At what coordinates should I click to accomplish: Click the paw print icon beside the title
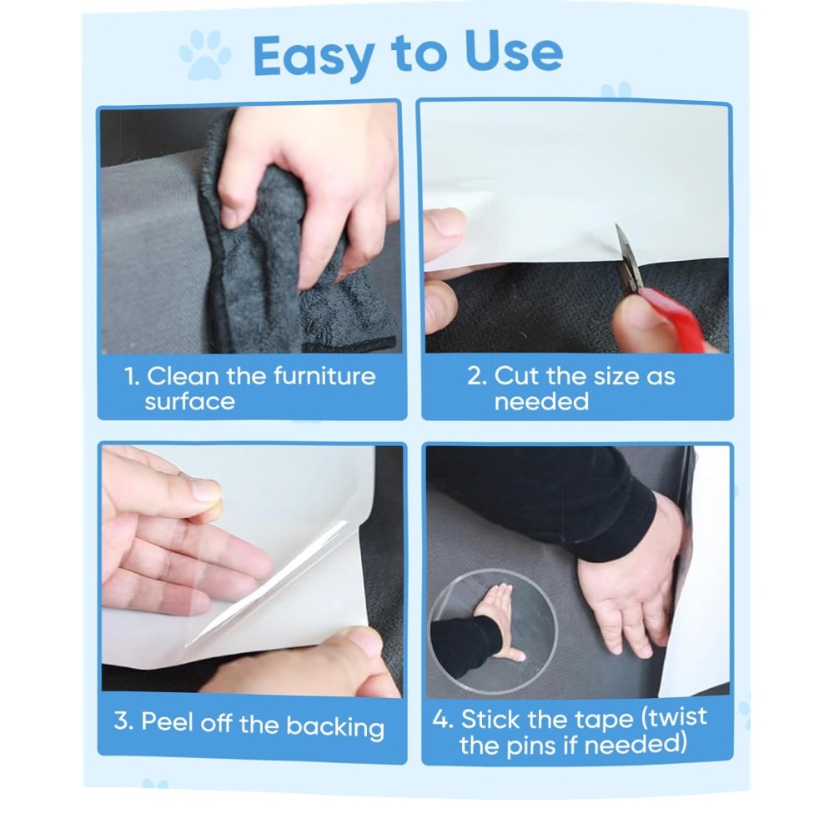click(205, 55)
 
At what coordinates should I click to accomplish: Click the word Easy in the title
click(314, 57)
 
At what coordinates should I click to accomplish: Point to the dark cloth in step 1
click(287, 255)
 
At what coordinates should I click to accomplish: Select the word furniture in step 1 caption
click(324, 376)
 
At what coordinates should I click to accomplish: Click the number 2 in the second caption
click(476, 376)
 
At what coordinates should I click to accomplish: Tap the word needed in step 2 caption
click(541, 402)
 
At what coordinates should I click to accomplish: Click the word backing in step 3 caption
click(335, 726)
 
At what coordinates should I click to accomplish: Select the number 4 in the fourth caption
click(442, 719)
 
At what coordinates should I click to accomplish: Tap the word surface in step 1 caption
click(190, 402)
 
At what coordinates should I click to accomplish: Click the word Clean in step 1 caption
click(183, 376)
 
